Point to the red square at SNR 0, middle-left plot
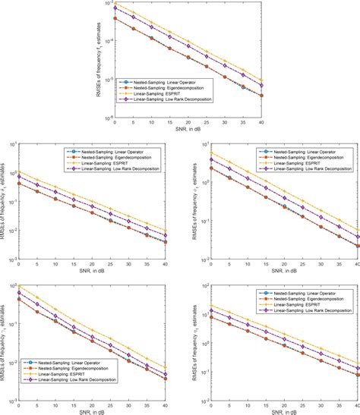tap(19, 184)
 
